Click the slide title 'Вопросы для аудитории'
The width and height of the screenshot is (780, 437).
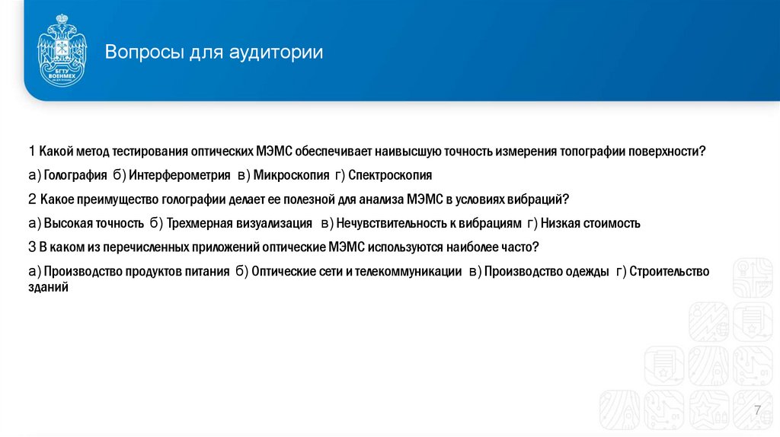[214, 53]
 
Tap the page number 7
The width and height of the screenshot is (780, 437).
[757, 411]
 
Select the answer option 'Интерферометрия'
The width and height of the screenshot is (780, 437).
[179, 175]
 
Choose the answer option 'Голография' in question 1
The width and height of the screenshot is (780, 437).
[75, 175]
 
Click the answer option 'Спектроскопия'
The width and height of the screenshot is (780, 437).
[389, 175]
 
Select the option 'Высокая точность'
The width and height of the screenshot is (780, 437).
[94, 224]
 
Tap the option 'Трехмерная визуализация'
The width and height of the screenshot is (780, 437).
[239, 224]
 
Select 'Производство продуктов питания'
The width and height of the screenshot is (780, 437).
[136, 272]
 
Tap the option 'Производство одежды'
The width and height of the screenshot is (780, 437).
[546, 272]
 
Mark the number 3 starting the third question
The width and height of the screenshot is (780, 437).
[32, 247]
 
